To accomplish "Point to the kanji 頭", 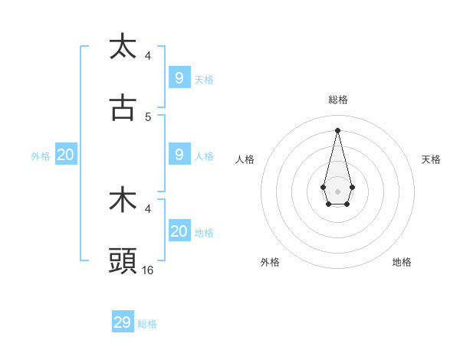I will coord(123,262).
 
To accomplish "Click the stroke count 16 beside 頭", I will coord(148,270).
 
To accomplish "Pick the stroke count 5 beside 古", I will coord(148,117).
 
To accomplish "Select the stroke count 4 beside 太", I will coord(148,55).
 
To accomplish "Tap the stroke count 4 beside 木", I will coord(148,208).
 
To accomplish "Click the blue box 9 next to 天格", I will coord(179,77).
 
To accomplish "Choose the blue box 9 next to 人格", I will coord(179,154).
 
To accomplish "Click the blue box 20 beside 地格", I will coord(179,231).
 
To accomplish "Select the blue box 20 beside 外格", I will coord(65,154).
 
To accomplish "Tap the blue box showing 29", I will coord(122,322).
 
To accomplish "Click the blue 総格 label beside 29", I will coord(147,324).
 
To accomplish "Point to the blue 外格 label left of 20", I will coord(41,155).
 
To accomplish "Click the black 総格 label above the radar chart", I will coord(337,100).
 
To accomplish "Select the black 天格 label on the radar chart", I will coord(432,159).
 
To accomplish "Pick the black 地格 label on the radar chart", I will coord(402,262).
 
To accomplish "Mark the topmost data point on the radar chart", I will coord(337,129).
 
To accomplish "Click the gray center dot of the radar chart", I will coord(337,191).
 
